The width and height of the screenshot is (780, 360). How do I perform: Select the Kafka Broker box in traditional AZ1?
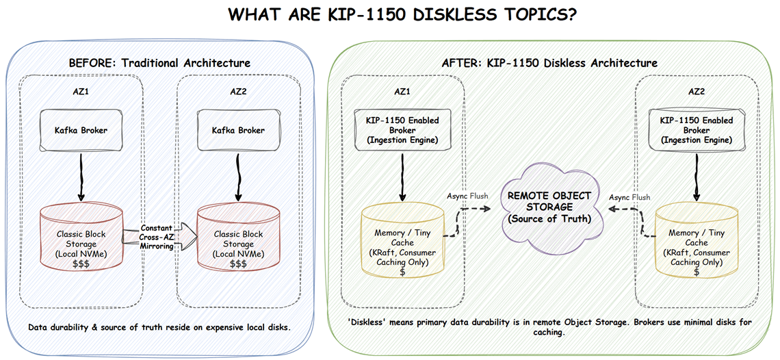[81, 130]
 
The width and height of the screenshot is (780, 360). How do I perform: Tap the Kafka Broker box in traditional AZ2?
[237, 130]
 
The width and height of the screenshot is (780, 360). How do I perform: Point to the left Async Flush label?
[467, 196]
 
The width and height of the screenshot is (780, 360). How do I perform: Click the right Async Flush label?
[629, 197]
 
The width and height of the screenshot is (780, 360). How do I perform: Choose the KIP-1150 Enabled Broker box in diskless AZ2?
[696, 130]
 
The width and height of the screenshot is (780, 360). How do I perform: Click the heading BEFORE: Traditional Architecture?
[159, 63]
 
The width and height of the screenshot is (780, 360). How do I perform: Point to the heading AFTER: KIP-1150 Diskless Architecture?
[549, 63]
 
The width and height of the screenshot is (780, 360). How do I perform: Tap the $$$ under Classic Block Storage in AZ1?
[81, 264]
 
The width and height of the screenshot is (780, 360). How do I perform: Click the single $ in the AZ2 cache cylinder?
[696, 272]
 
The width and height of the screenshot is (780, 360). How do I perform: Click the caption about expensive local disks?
[159, 327]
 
